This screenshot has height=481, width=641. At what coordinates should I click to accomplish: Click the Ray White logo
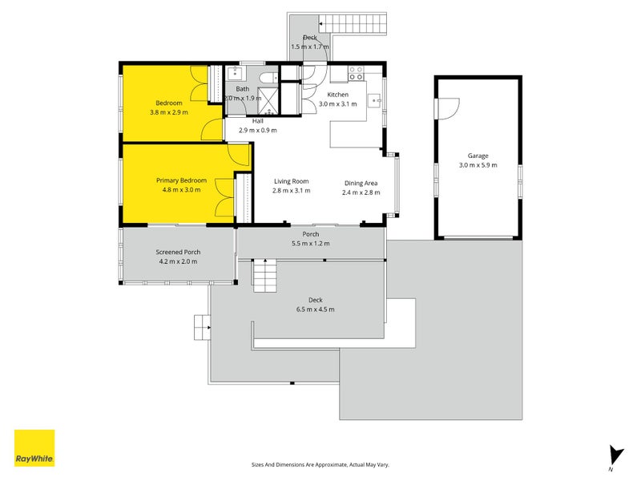point(34,448)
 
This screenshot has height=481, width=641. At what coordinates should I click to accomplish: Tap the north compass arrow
point(615,455)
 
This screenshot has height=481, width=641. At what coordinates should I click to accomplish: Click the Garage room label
point(478,156)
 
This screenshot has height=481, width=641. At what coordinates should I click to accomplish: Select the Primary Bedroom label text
point(181,180)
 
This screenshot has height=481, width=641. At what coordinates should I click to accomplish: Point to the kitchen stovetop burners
point(356,73)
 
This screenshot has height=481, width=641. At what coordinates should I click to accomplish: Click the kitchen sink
point(374,100)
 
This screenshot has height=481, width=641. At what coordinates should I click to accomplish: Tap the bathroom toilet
point(268,78)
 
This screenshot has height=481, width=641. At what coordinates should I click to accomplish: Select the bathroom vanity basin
point(235,73)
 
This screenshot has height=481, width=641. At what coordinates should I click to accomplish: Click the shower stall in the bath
point(268,100)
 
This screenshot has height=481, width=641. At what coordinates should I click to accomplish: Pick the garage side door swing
point(449,108)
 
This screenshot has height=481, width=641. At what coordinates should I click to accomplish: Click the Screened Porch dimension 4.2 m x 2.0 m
point(178,262)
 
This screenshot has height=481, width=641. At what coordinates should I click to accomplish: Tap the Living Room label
point(291,181)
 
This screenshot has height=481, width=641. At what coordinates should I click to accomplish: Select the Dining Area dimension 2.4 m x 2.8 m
point(361,192)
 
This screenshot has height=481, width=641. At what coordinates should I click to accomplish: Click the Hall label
point(257,121)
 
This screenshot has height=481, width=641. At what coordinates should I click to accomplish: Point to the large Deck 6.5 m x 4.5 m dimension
point(315,309)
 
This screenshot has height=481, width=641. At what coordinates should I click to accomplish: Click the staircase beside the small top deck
point(353,24)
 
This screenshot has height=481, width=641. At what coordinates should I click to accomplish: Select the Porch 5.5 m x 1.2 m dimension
point(311,244)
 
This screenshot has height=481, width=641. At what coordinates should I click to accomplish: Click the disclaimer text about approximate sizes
point(320,465)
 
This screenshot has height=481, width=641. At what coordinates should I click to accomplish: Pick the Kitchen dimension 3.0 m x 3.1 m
point(337,104)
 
